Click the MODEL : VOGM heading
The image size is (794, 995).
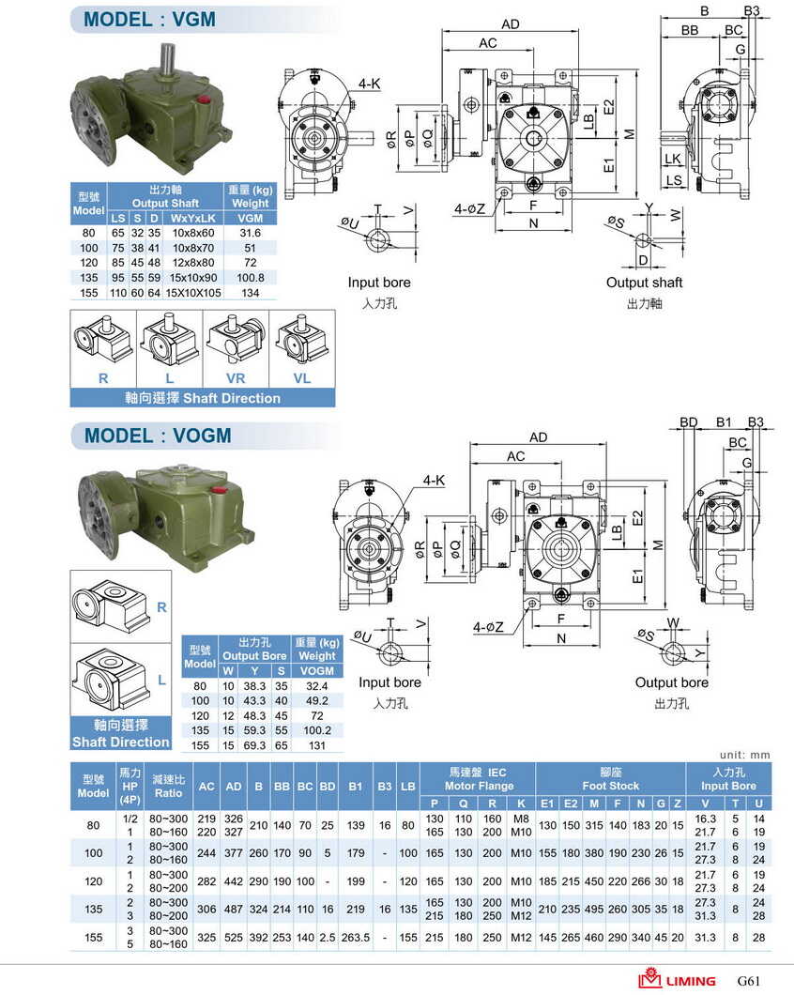(158, 436)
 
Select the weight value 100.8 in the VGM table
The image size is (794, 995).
(250, 278)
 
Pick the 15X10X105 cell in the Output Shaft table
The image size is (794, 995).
(193, 293)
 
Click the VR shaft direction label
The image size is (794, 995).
(236, 378)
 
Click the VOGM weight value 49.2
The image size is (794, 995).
(317, 699)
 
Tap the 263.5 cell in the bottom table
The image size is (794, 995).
(356, 937)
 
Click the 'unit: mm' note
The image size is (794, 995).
(745, 755)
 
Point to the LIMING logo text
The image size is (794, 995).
(691, 981)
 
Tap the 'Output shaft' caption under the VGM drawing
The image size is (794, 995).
(644, 283)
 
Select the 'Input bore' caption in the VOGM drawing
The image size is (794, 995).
(389, 682)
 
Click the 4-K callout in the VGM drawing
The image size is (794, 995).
(369, 84)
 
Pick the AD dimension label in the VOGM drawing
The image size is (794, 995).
(538, 437)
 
